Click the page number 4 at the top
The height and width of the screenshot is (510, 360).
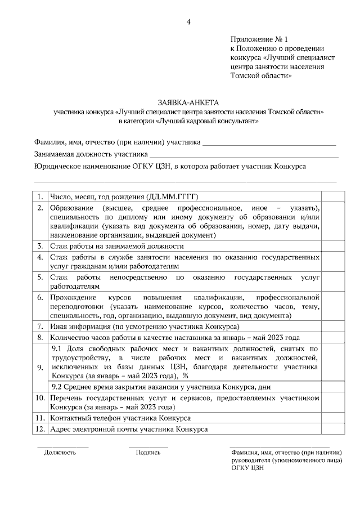[x=188, y=23]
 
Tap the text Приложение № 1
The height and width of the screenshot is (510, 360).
[x=259, y=39]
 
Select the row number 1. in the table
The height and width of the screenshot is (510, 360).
[x=40, y=197]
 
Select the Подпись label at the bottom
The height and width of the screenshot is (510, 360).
[x=148, y=452]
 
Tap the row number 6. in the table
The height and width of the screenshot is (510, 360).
[x=40, y=297]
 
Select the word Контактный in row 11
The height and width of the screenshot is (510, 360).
[x=70, y=418]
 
